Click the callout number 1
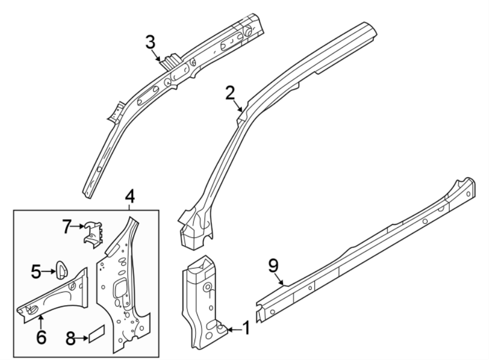[x=246, y=328]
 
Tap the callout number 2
[x=230, y=92]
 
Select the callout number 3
[x=151, y=41]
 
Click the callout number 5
[x=36, y=271]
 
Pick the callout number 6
[x=41, y=337]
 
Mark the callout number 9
[x=273, y=266]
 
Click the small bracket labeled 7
[x=93, y=234]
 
